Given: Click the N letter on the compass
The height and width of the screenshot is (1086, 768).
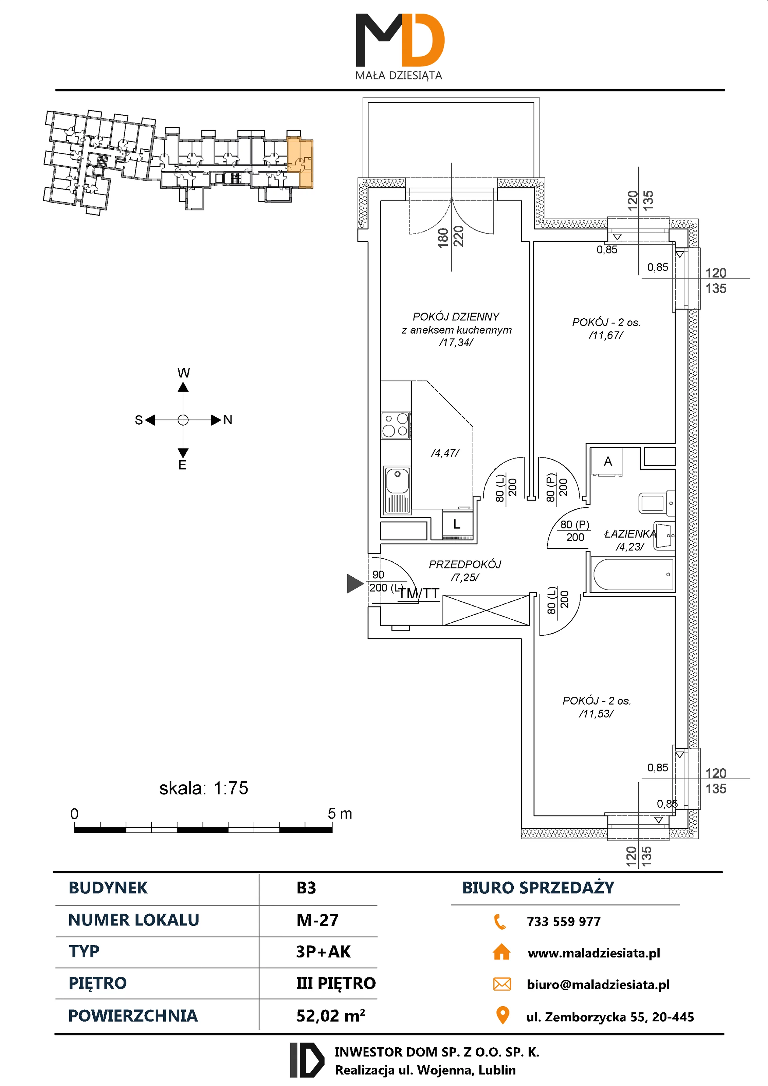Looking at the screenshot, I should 227,420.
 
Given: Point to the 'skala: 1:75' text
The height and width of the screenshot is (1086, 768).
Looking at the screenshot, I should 203,788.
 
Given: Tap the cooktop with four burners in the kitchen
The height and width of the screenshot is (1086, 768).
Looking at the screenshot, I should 396,425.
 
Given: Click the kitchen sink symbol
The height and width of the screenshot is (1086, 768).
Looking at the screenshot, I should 397,490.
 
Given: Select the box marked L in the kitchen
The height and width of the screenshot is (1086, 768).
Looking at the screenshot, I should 457,524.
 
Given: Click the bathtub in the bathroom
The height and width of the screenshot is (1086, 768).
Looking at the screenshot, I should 633,574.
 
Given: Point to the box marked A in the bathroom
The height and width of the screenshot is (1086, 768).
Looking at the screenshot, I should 608,462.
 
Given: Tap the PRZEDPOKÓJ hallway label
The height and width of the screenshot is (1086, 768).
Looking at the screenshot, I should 465,564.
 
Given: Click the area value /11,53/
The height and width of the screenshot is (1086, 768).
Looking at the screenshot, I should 596,714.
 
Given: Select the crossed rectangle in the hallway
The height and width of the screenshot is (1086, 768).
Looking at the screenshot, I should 486,610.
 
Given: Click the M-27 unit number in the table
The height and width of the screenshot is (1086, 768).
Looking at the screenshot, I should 317,920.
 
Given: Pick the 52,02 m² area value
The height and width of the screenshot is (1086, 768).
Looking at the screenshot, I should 330,1015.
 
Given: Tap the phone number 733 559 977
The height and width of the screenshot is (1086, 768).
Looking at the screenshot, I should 564,921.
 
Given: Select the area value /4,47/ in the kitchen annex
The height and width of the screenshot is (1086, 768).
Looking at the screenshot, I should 445,453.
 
